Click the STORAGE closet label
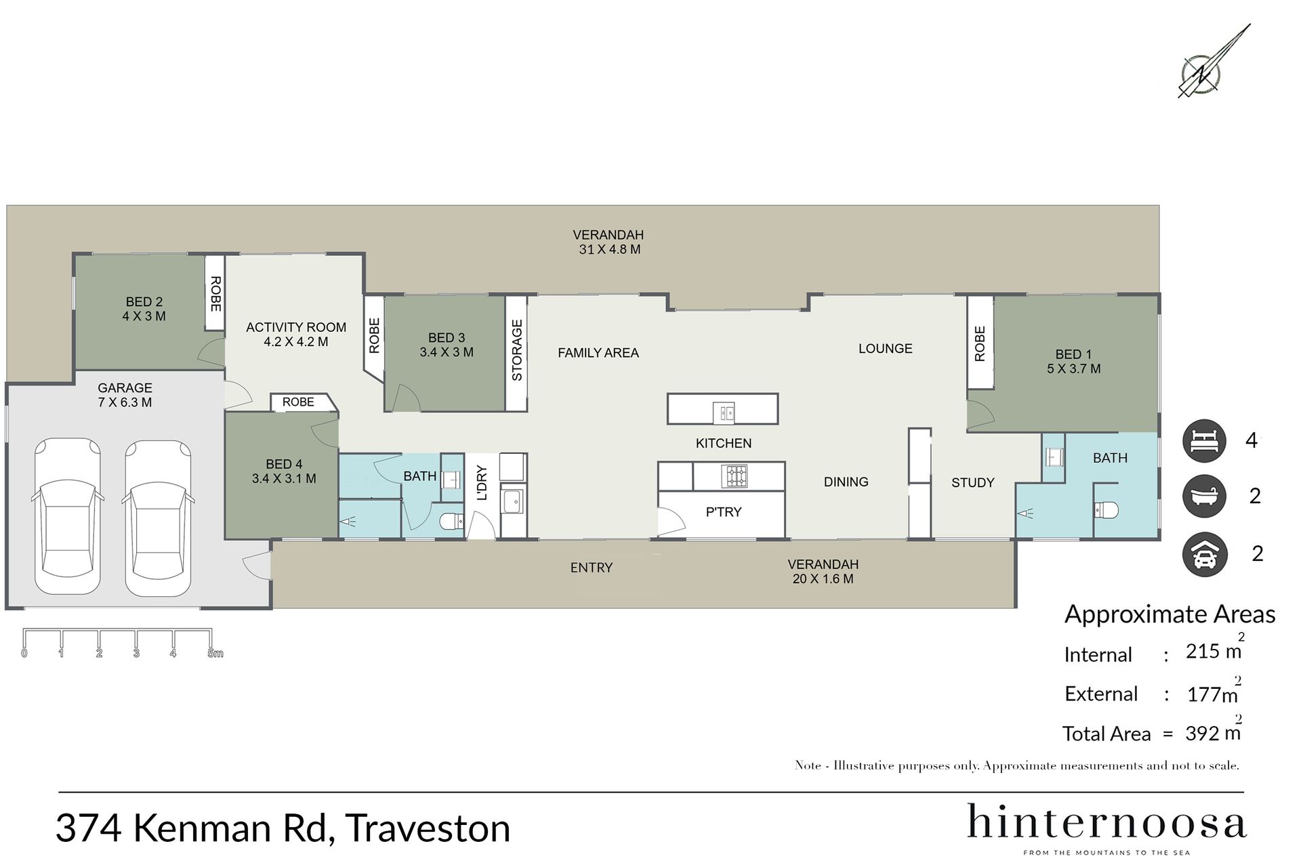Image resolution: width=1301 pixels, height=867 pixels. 517,350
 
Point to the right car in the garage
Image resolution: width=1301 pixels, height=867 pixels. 158,518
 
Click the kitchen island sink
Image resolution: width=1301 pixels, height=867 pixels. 724,411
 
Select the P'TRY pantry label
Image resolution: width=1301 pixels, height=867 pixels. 724,512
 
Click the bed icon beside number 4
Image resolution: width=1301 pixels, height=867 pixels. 1204,441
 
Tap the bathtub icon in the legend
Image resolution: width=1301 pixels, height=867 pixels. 1204,496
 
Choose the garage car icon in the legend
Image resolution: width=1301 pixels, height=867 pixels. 1204,554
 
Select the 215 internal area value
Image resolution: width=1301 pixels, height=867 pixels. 1203,651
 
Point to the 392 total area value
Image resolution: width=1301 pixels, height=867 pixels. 1203,733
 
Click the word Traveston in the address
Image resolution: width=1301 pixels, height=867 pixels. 428,828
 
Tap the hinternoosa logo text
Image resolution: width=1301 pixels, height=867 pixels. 1107,821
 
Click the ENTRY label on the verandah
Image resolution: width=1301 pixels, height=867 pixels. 592,568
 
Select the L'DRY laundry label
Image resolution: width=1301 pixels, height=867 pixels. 482,482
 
